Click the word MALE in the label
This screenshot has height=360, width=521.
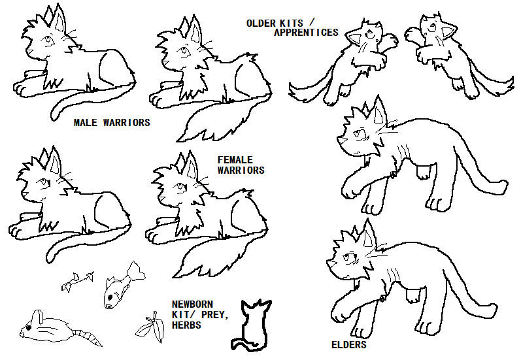click(x=86, y=123)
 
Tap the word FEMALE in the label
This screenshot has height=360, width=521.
click(x=235, y=160)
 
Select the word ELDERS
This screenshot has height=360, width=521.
click(x=349, y=345)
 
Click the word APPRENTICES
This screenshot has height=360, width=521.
click(x=306, y=33)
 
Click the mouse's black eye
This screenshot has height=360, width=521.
click(x=29, y=328)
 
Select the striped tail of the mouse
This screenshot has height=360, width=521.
click(x=88, y=337)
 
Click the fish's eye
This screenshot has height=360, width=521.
click(x=109, y=306)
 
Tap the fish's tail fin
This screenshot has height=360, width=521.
click(x=135, y=270)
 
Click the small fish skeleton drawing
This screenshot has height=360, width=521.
click(x=77, y=281)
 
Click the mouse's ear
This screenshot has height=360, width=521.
click(x=37, y=316)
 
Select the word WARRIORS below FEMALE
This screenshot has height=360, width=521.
click(x=241, y=171)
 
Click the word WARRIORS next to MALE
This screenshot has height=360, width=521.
click(x=127, y=123)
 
